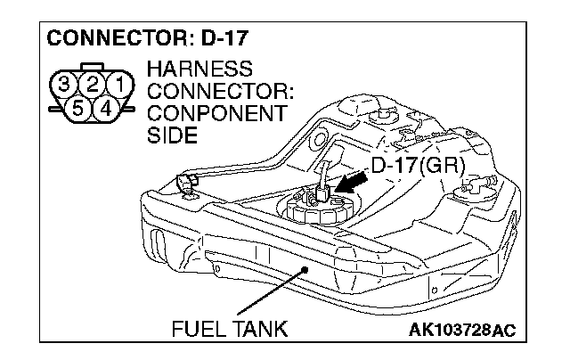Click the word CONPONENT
217,113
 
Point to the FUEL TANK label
229,330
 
